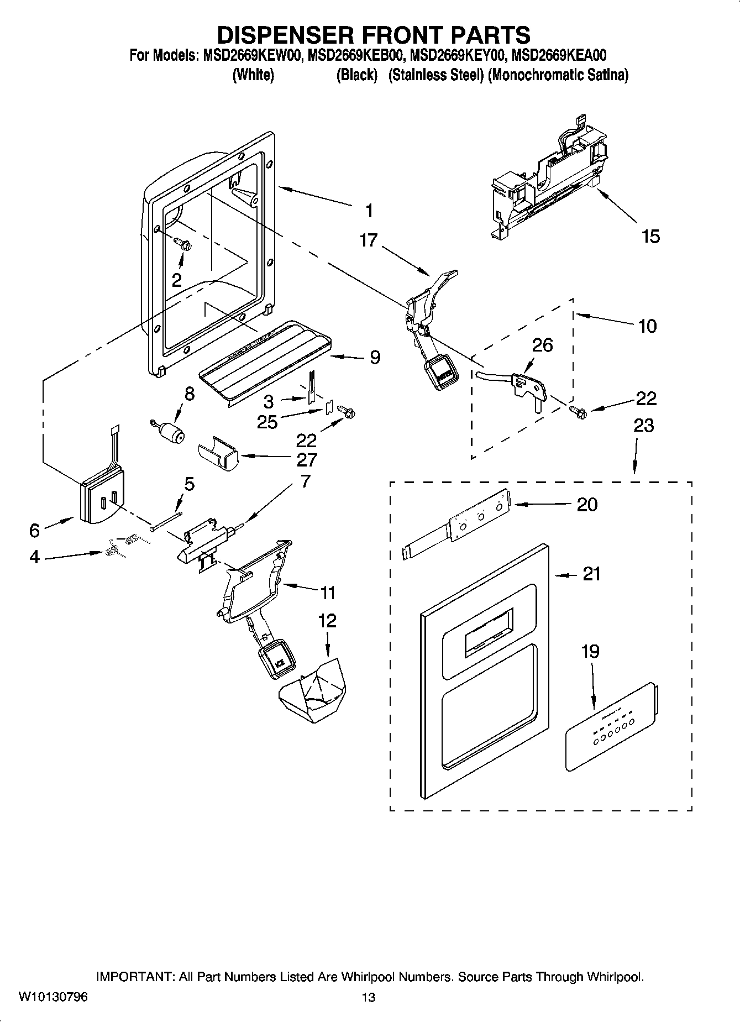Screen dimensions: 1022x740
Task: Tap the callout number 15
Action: click(650, 237)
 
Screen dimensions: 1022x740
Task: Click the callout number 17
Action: click(368, 240)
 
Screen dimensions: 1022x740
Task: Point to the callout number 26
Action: click(542, 345)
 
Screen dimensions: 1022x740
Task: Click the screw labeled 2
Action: click(182, 243)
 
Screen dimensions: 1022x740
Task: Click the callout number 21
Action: click(591, 574)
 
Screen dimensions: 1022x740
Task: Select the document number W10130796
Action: click(53, 997)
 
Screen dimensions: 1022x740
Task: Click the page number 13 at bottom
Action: click(368, 997)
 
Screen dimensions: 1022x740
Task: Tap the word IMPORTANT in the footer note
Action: click(135, 977)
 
